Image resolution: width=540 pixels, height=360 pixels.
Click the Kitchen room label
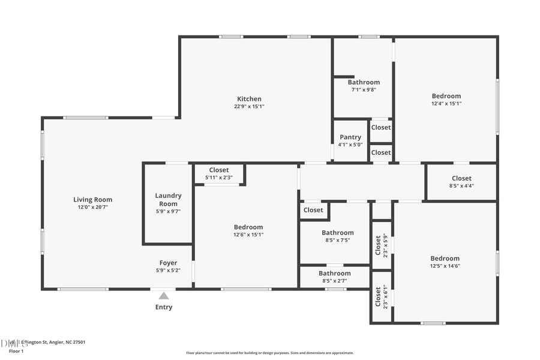click(x=249, y=99)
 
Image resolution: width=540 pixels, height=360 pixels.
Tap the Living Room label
click(x=93, y=200)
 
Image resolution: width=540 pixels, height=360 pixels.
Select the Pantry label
click(x=350, y=137)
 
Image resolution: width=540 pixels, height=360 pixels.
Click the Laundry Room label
click(x=168, y=200)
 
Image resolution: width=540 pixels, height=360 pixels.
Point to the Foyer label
click(x=168, y=263)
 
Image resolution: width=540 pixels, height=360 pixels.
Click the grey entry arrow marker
click(x=164, y=295)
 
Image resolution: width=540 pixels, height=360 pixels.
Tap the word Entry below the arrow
click(x=164, y=307)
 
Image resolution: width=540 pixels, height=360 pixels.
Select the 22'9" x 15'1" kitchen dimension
click(x=249, y=107)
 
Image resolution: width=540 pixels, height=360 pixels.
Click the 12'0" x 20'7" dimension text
click(x=93, y=207)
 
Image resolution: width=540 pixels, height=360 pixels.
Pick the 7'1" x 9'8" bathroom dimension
click(x=364, y=90)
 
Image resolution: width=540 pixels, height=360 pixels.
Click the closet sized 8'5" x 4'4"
click(x=461, y=182)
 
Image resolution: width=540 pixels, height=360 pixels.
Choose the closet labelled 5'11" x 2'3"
click(x=218, y=174)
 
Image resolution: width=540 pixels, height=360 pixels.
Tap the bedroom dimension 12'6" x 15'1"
click(x=248, y=235)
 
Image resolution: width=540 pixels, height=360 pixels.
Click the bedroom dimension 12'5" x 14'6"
click(x=445, y=266)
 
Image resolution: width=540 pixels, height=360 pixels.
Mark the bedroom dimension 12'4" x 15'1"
click(x=446, y=103)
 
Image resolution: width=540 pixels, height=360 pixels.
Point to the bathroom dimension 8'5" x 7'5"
click(x=337, y=240)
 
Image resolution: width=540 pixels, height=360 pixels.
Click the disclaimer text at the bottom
click(x=270, y=353)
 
